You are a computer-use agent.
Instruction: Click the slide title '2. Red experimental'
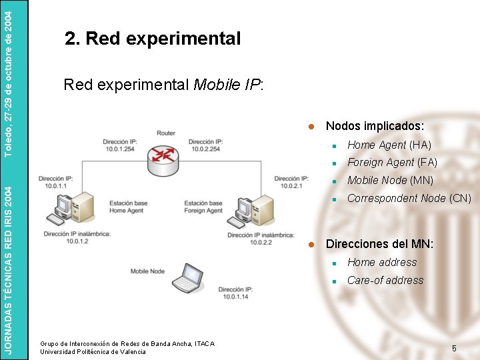click(x=153, y=39)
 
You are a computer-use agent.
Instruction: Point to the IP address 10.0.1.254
click(x=119, y=149)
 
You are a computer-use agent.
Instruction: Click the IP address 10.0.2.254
click(x=205, y=149)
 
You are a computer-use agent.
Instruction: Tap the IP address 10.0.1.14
click(x=233, y=297)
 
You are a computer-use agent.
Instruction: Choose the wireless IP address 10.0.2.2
click(x=260, y=242)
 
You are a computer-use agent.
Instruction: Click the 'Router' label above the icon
click(x=166, y=133)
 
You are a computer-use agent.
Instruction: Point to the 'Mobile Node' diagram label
click(x=147, y=271)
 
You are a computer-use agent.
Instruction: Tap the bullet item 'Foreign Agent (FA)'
click(x=392, y=162)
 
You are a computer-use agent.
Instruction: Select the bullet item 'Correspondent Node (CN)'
click(x=409, y=198)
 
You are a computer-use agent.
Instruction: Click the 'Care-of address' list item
click(x=385, y=280)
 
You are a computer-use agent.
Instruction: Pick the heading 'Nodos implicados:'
click(x=375, y=126)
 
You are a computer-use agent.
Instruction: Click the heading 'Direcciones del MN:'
click(x=379, y=244)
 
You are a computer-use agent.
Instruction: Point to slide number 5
click(x=454, y=348)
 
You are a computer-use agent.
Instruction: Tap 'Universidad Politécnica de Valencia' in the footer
click(x=93, y=351)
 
